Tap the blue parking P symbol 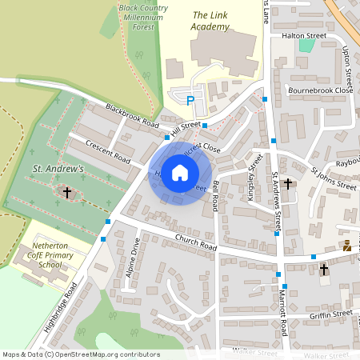(190, 101)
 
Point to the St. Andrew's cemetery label (58, 170)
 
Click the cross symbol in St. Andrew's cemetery (67, 193)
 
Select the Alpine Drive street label (133, 255)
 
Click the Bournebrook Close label (321, 90)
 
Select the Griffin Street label (331, 314)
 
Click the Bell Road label (216, 196)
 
